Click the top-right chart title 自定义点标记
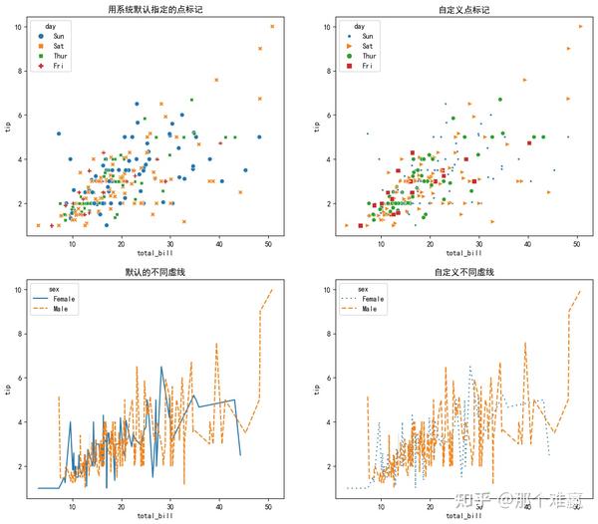click(463, 9)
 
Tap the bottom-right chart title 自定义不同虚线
click(463, 272)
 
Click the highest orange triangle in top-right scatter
click(581, 26)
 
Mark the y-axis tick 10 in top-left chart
click(20, 26)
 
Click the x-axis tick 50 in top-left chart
click(268, 243)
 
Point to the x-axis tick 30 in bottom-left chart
click(170, 506)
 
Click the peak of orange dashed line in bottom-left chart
click(272, 290)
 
